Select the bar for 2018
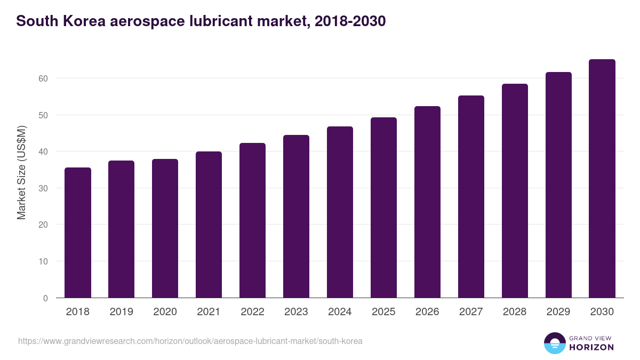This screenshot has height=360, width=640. pos(78,233)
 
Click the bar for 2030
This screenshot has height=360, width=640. pos(602,179)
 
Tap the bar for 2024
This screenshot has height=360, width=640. pos(340,212)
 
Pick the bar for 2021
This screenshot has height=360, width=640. pos(209,225)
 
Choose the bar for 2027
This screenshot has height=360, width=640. pos(471,197)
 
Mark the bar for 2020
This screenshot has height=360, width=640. pos(165,228)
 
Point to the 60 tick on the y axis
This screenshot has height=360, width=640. pos(43,78)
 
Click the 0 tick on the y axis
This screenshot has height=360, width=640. pos(45,298)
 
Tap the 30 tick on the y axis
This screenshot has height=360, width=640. pos(43,188)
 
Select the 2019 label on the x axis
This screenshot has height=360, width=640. pos(121,312)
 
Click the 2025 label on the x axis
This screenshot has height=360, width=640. pos(383,312)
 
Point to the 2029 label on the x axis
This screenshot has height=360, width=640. pos(558,312)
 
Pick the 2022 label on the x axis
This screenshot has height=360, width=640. pos(252,312)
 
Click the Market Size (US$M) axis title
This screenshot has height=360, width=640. pos(21,172)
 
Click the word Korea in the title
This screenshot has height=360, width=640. pos(80,21)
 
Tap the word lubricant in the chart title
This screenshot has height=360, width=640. pos(213,21)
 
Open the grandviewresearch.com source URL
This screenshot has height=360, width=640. pos(190,341)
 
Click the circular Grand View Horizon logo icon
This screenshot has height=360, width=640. pos(555,343)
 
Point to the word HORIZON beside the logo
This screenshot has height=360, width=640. pos(591,347)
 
